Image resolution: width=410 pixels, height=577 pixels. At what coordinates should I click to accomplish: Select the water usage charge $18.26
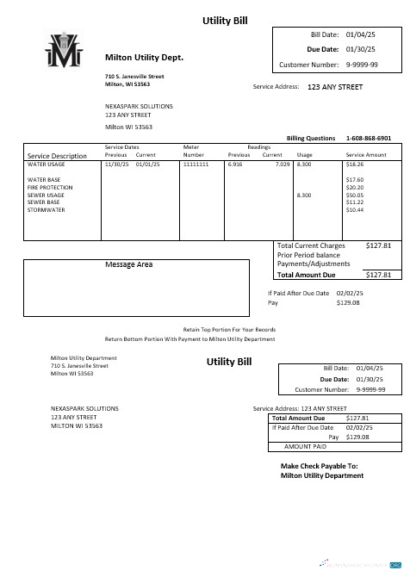(x=355, y=163)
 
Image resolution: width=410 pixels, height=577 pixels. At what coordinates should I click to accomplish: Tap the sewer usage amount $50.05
(x=355, y=195)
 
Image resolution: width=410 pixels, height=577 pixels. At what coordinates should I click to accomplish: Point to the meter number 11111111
(x=196, y=163)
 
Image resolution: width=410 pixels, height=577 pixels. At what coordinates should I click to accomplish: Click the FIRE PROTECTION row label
(x=50, y=187)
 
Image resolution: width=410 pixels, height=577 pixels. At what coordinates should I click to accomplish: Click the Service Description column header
(x=58, y=156)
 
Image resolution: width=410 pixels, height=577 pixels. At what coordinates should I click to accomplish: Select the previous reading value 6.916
(x=235, y=163)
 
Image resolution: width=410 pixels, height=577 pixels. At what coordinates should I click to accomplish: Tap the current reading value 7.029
(x=283, y=163)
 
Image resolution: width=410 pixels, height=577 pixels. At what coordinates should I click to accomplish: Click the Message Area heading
(x=128, y=264)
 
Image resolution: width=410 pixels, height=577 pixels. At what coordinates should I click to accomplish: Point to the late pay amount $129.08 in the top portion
(x=348, y=302)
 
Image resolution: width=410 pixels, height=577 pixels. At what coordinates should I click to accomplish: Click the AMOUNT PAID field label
(x=305, y=447)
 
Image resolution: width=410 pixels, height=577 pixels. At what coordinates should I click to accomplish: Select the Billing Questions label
(x=311, y=138)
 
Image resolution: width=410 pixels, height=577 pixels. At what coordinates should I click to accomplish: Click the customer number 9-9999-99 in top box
(x=362, y=65)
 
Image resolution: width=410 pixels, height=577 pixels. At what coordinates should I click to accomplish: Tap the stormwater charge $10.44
(x=355, y=209)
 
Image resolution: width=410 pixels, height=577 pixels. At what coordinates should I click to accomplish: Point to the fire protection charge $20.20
(x=355, y=187)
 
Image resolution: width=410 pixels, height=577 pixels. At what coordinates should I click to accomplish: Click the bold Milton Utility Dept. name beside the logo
(x=144, y=57)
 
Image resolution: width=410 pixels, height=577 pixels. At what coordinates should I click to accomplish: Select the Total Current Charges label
(x=311, y=245)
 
